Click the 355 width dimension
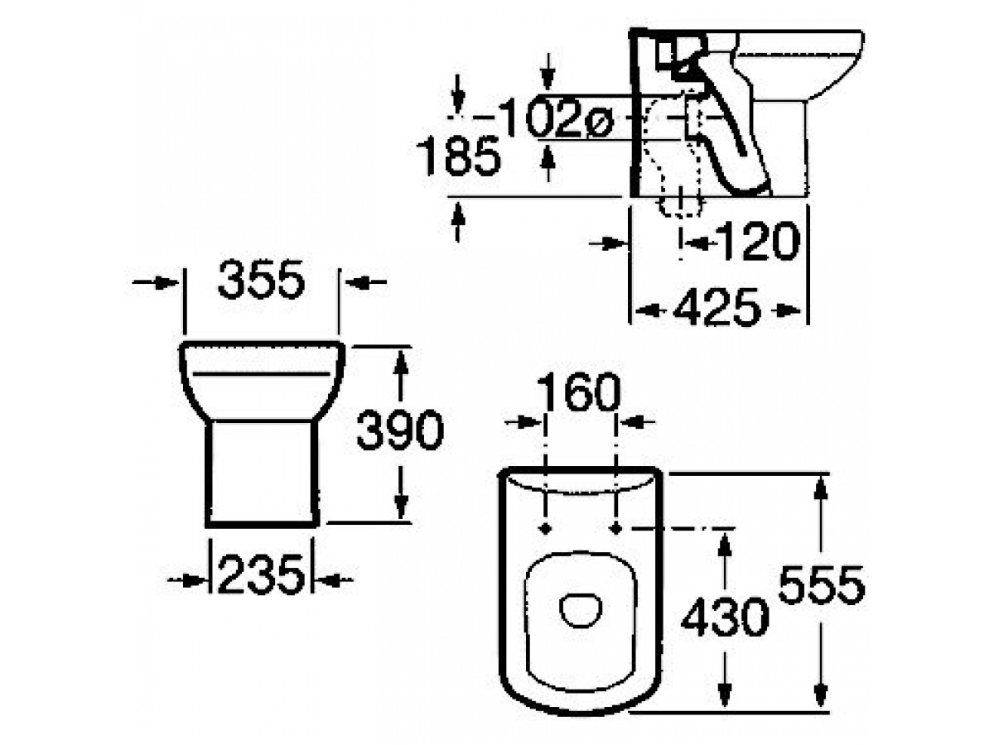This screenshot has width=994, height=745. pos(261,279)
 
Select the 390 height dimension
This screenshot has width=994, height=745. pos(400,430)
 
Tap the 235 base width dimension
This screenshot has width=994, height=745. pos(261,574)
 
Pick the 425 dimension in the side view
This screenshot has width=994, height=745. pos(717,308)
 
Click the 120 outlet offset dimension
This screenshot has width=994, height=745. pos(759,241)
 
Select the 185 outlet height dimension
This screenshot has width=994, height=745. pos(458,156)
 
